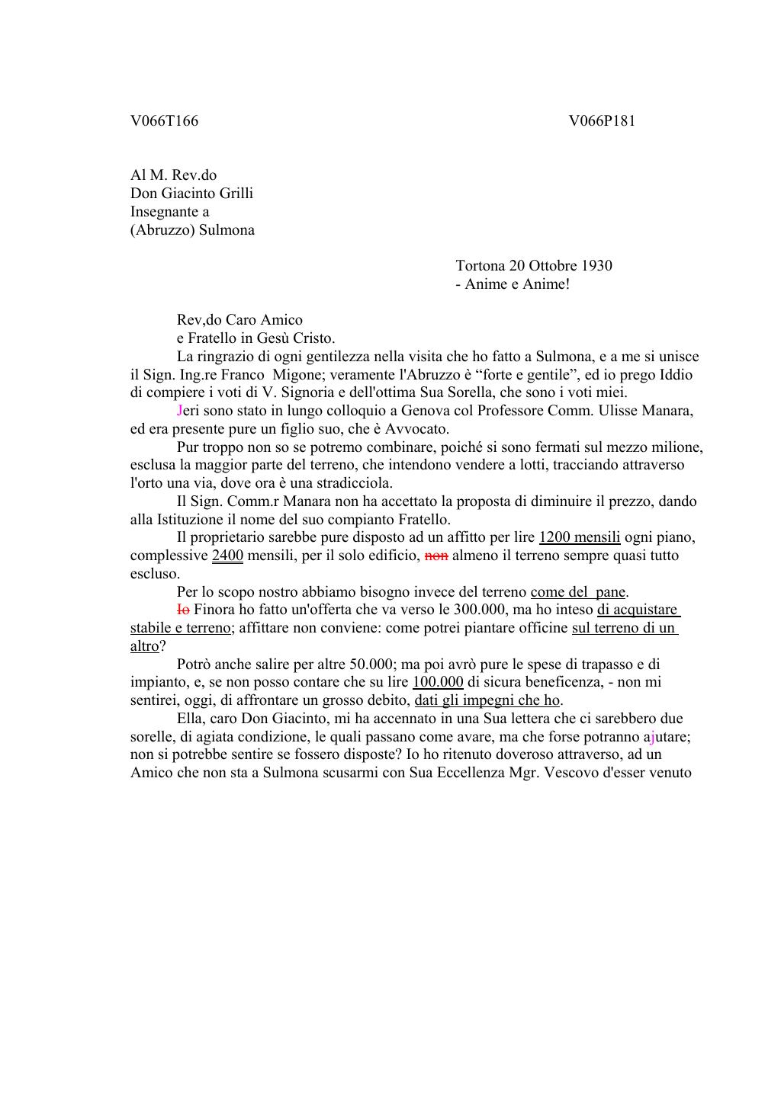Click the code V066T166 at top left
point(164,121)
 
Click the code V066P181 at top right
point(602,121)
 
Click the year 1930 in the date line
point(596,266)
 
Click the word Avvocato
point(411,429)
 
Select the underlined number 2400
point(227,556)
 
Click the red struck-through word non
point(435,556)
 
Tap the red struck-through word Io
point(183,610)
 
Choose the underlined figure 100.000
point(438,682)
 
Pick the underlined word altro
point(145,646)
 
